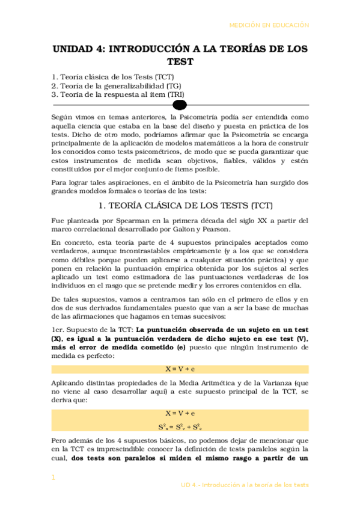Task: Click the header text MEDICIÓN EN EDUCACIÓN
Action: (269, 25)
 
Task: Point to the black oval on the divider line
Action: (180, 105)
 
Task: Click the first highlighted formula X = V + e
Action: (180, 369)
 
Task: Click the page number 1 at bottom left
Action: (53, 478)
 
